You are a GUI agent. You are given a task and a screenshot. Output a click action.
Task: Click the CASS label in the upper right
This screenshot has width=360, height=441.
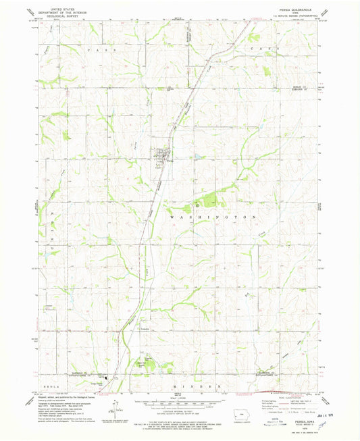point(261,50)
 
